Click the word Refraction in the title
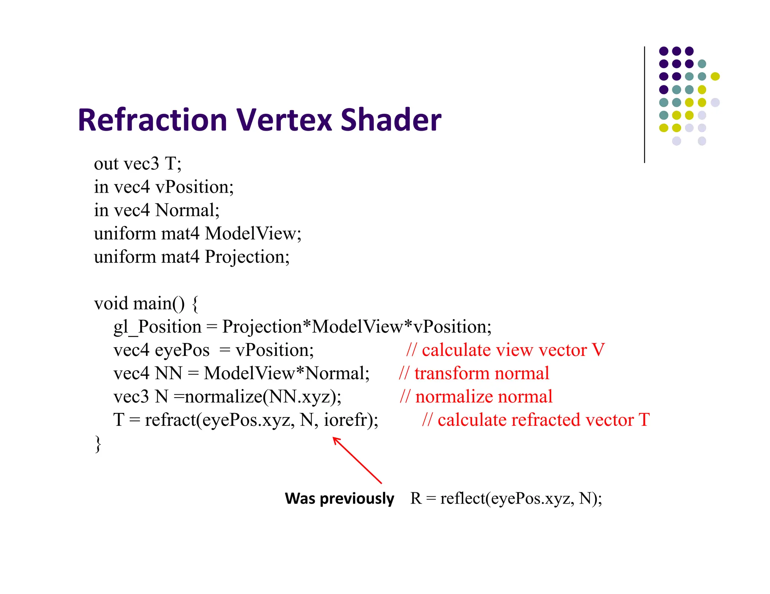pyautogui.click(x=152, y=120)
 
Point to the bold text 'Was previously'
pyautogui.click(x=340, y=499)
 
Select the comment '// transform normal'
pyautogui.click(x=474, y=374)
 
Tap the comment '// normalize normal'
pyautogui.click(x=476, y=397)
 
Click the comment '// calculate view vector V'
pyautogui.click(x=505, y=350)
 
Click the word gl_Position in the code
pyautogui.click(x=158, y=327)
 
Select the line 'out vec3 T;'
pyautogui.click(x=138, y=164)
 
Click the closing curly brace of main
pyautogui.click(x=98, y=443)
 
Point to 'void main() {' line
pyautogui.click(x=146, y=304)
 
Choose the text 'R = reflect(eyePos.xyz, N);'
pyautogui.click(x=506, y=499)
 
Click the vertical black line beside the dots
pyautogui.click(x=644, y=105)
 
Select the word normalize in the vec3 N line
pyautogui.click(x=223, y=397)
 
